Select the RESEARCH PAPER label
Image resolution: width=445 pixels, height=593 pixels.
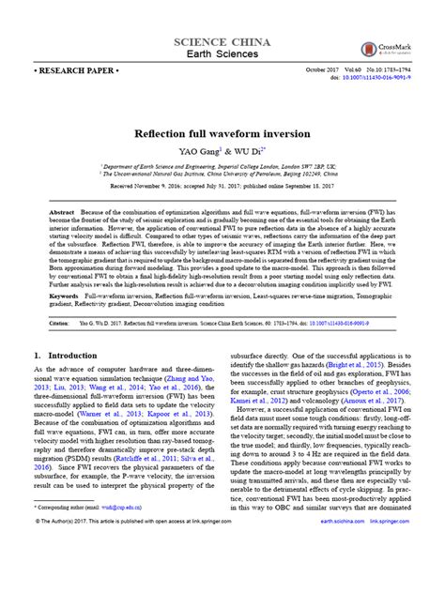[x=69, y=70]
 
